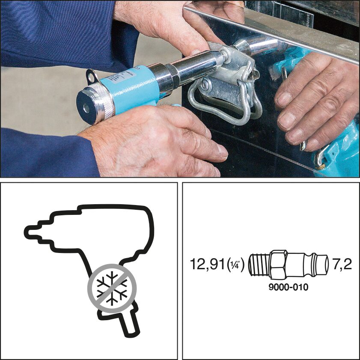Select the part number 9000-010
[x=288, y=287]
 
